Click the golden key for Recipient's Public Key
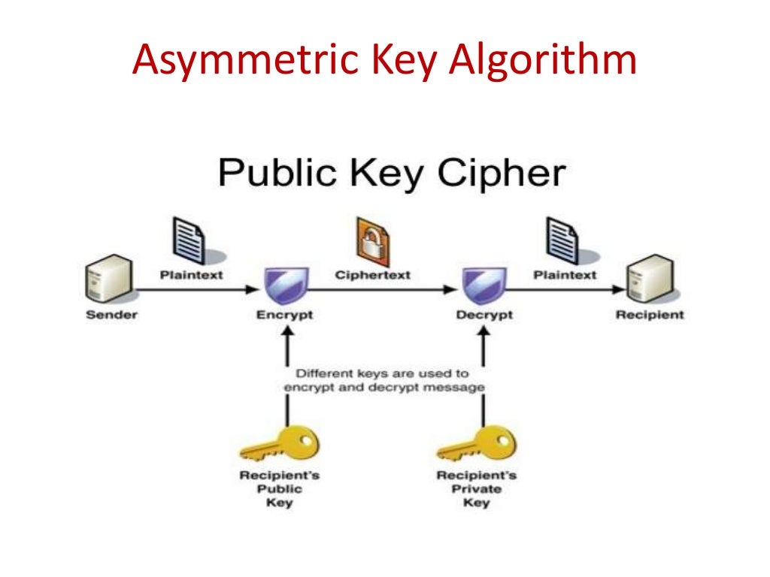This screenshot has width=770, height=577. point(279,443)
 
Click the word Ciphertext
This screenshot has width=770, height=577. point(373,275)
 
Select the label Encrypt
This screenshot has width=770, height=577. point(284,315)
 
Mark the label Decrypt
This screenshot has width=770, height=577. point(484,315)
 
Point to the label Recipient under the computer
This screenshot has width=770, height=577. point(650,314)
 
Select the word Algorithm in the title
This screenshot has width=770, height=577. point(542,62)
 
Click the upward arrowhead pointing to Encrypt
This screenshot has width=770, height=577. point(285,334)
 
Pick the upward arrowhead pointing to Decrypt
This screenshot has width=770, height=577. point(484,334)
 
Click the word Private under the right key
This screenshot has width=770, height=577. point(476,489)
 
